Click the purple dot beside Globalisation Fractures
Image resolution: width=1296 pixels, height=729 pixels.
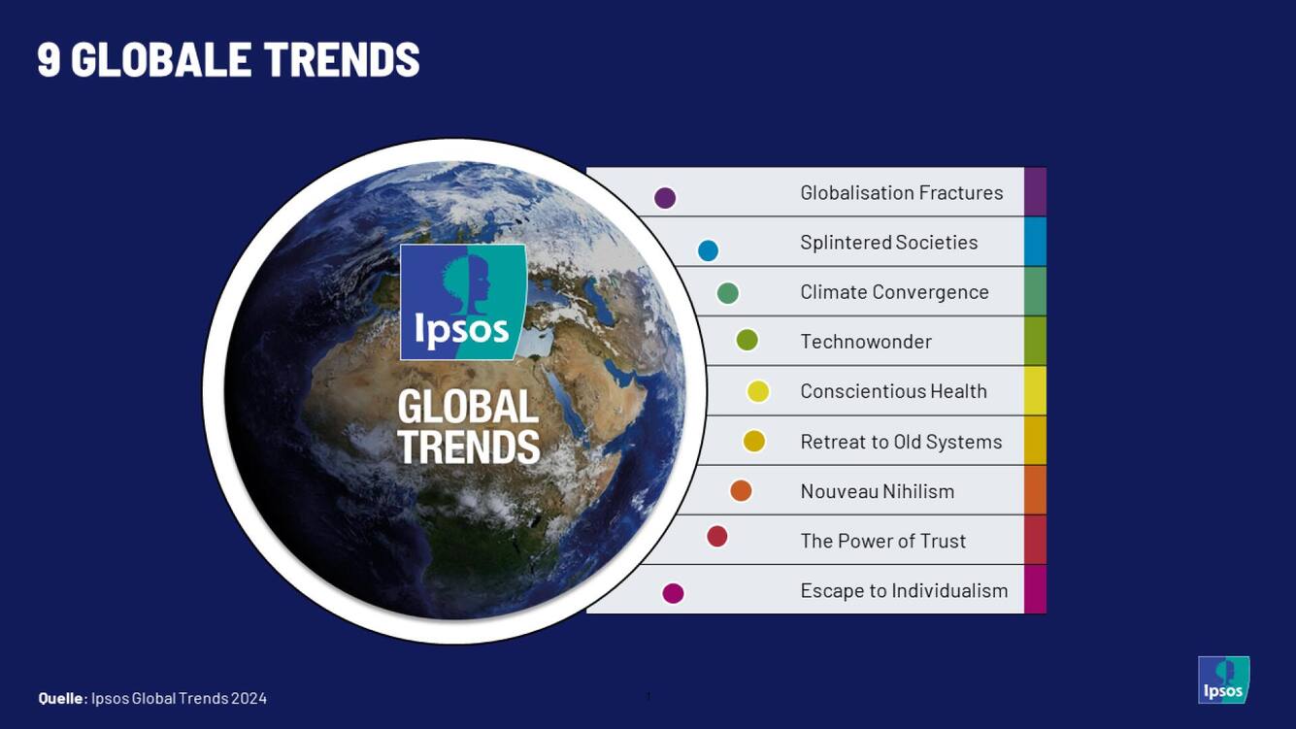coord(665,198)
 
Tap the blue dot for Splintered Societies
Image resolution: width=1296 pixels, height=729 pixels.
coord(708,250)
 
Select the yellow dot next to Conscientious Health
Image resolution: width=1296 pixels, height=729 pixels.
coord(758,392)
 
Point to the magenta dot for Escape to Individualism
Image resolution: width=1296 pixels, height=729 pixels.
coord(673,593)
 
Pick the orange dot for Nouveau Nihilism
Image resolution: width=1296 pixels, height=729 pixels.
coord(741,490)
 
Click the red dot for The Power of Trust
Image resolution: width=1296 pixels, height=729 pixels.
coord(716,537)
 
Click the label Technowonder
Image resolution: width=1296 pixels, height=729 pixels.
coord(866,342)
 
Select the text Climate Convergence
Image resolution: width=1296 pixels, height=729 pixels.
coord(894,292)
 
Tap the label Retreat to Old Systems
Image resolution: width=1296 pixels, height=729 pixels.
coord(901,442)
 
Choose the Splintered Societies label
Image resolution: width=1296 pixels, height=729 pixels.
coord(888,243)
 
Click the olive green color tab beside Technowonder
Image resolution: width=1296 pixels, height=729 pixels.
coord(1035,342)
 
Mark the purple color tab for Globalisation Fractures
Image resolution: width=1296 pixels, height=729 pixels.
coord(1035,191)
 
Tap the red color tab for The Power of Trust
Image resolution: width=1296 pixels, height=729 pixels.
coord(1035,540)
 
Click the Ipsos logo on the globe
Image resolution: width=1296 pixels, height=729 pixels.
coord(463,302)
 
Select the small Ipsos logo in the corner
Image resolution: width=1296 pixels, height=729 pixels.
coord(1223,679)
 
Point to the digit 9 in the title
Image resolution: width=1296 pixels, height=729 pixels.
coord(49,59)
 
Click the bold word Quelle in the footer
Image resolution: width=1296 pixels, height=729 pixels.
coord(61,698)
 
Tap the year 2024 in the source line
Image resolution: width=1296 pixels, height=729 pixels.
coord(249,698)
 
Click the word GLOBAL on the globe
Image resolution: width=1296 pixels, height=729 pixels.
coord(468,406)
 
